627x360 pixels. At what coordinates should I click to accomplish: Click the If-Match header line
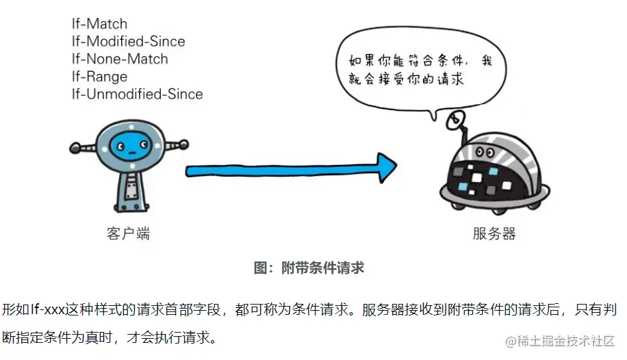coord(99,23)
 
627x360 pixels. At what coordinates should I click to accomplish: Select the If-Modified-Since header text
coord(128,41)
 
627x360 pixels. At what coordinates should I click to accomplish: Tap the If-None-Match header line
coord(120,59)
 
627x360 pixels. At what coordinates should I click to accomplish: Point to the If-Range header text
coord(99,77)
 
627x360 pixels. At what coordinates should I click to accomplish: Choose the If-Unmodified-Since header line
coord(137,94)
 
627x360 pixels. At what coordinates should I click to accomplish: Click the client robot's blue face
coord(128,145)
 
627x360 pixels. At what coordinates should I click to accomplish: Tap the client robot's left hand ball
coord(75,146)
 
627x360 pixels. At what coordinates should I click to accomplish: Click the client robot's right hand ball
coord(183,144)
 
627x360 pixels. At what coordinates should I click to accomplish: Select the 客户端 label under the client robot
coord(128,234)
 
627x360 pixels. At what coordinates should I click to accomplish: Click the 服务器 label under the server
coord(494,234)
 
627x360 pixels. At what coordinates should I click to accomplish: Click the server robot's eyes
coord(486,150)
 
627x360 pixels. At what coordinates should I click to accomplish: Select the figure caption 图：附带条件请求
coord(309,268)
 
